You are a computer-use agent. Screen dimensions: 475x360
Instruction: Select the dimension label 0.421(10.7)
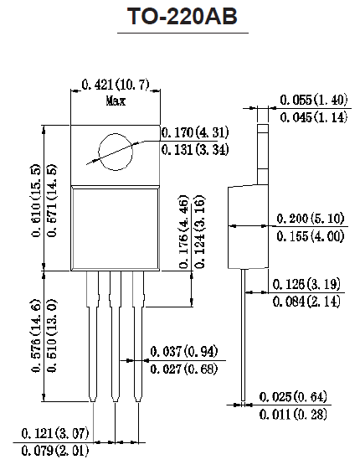[116, 84]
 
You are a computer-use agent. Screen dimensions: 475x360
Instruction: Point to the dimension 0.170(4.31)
[194, 132]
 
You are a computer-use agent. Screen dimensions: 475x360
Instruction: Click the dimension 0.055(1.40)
[313, 99]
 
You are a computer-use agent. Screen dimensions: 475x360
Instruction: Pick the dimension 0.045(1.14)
[313, 117]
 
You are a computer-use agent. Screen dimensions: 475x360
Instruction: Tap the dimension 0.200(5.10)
[310, 219]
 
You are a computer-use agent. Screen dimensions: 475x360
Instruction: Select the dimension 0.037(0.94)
[184, 351]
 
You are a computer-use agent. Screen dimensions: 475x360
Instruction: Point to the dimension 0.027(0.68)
[184, 369]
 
